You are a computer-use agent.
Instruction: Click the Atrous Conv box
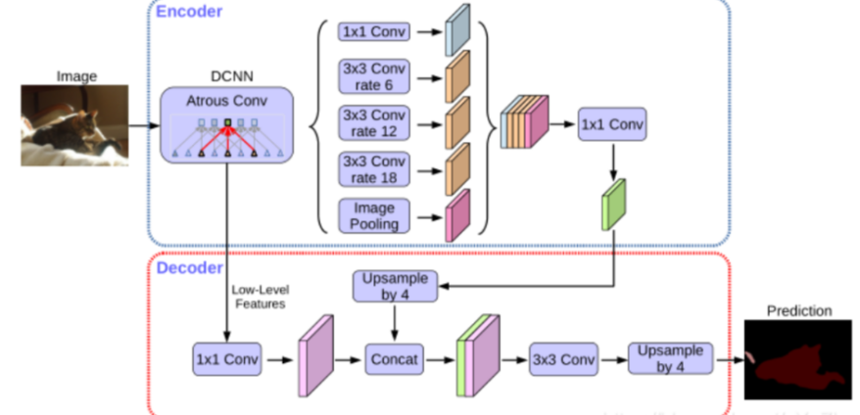[x=226, y=125]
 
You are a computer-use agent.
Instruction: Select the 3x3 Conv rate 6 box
[x=374, y=76]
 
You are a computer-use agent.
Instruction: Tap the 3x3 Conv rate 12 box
[x=374, y=123]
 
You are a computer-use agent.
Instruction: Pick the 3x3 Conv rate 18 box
[x=374, y=170]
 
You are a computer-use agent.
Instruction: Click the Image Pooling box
[x=374, y=216]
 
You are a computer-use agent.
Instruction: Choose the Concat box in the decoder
[x=395, y=359]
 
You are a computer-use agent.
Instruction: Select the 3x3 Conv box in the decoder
[x=563, y=359]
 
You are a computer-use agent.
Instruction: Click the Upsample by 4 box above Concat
[x=395, y=286]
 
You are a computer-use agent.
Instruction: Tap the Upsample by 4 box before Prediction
[x=670, y=358]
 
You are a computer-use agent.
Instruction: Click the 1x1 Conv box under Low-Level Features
[x=226, y=359]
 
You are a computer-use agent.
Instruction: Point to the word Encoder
[x=189, y=12]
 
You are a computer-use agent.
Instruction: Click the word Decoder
[x=190, y=268]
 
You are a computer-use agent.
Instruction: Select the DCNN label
[x=232, y=76]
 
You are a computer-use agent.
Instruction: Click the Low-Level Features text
[x=260, y=297]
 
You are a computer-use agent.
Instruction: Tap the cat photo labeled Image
[x=74, y=125]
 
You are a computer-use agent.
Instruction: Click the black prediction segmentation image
[x=798, y=359]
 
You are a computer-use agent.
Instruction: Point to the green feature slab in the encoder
[x=614, y=205]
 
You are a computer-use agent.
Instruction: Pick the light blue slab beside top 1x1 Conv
[x=457, y=29]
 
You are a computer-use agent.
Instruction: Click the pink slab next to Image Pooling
[x=457, y=215]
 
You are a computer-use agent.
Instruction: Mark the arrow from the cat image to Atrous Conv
[x=144, y=125]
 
